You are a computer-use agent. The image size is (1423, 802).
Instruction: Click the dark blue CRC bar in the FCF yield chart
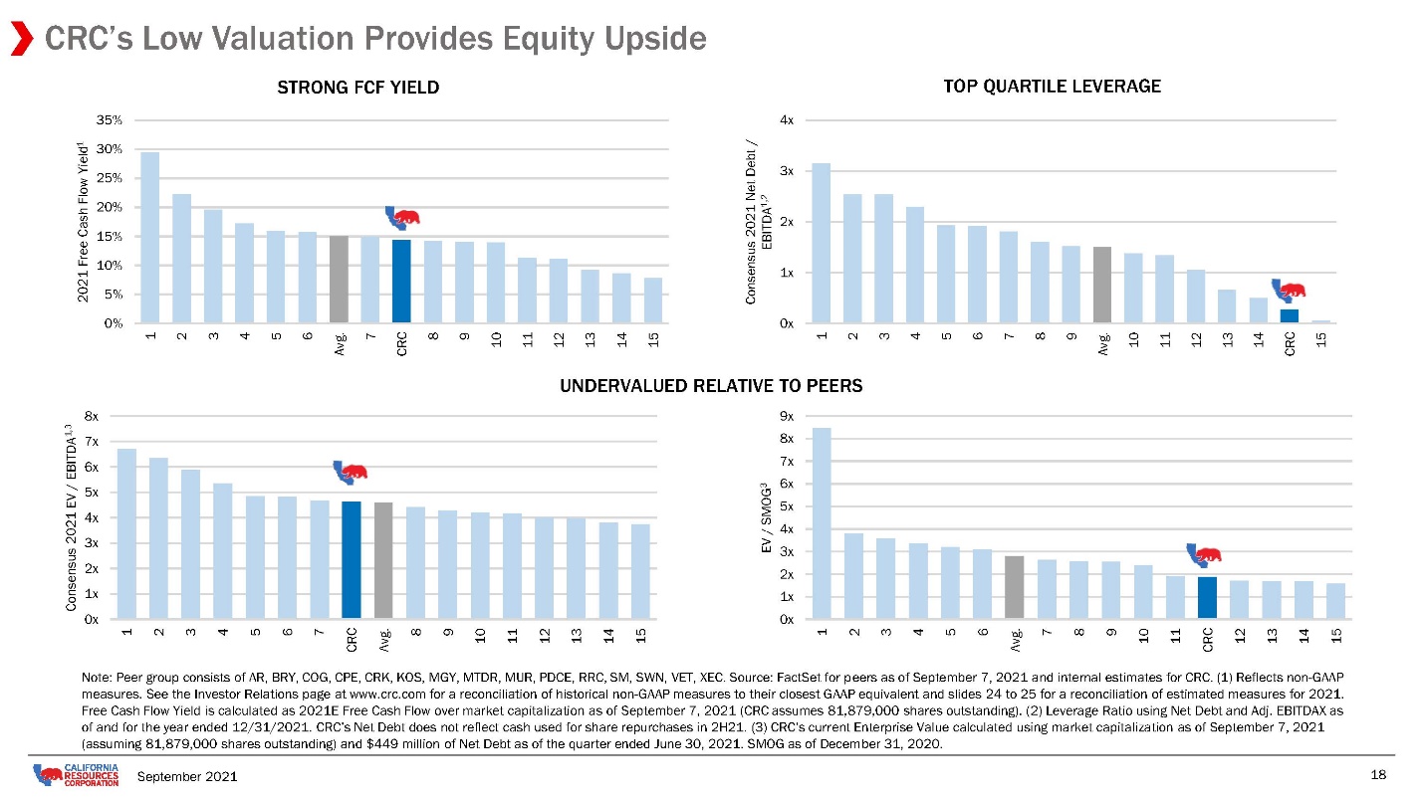(401, 282)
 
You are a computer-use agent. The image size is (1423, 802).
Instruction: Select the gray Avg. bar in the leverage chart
(1102, 286)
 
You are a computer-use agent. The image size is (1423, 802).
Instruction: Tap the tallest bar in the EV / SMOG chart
(822, 523)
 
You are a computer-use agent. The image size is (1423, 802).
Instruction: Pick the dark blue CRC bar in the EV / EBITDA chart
(352, 560)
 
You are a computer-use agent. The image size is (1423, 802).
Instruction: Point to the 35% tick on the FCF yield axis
(110, 120)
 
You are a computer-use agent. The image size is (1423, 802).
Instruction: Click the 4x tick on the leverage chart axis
(787, 120)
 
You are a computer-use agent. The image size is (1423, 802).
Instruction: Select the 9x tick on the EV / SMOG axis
(787, 417)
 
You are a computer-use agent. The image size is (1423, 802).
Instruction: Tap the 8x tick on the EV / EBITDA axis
(92, 417)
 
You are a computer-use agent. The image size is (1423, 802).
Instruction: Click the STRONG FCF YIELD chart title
(358, 88)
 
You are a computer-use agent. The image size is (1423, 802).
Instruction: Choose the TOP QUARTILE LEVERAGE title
(1052, 87)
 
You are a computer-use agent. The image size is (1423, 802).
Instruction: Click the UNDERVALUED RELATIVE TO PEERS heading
(711, 386)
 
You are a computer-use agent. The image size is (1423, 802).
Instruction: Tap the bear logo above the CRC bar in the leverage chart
(1289, 291)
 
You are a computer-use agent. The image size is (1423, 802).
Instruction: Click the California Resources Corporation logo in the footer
(76, 775)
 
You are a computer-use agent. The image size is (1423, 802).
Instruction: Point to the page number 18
(1378, 775)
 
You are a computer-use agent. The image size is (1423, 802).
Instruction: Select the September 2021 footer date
(187, 776)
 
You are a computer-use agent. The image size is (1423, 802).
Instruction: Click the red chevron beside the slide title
(22, 39)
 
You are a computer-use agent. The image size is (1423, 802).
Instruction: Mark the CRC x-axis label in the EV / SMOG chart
(1208, 640)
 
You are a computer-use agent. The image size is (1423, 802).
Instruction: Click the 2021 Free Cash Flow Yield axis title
(83, 222)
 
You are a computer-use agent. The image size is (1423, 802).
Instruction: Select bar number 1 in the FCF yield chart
(150, 238)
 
